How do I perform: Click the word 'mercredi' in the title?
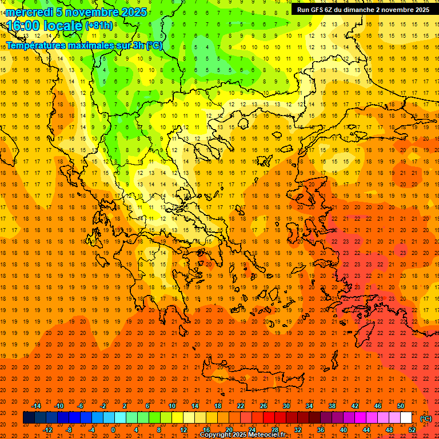(29, 12)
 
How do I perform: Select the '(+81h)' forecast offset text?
(99, 26)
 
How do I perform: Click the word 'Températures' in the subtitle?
(34, 45)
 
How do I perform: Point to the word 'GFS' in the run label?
(317, 10)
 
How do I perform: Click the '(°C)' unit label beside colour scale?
(426, 418)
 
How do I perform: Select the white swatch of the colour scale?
(406, 418)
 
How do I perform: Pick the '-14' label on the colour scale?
(36, 406)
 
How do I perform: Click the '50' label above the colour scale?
(401, 406)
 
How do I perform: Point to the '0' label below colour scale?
(113, 430)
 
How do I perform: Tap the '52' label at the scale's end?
(412, 430)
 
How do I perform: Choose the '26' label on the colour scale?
(264, 406)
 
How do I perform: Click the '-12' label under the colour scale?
(47, 430)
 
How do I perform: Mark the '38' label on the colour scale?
(332, 406)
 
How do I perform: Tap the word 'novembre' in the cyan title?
(91, 12)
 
